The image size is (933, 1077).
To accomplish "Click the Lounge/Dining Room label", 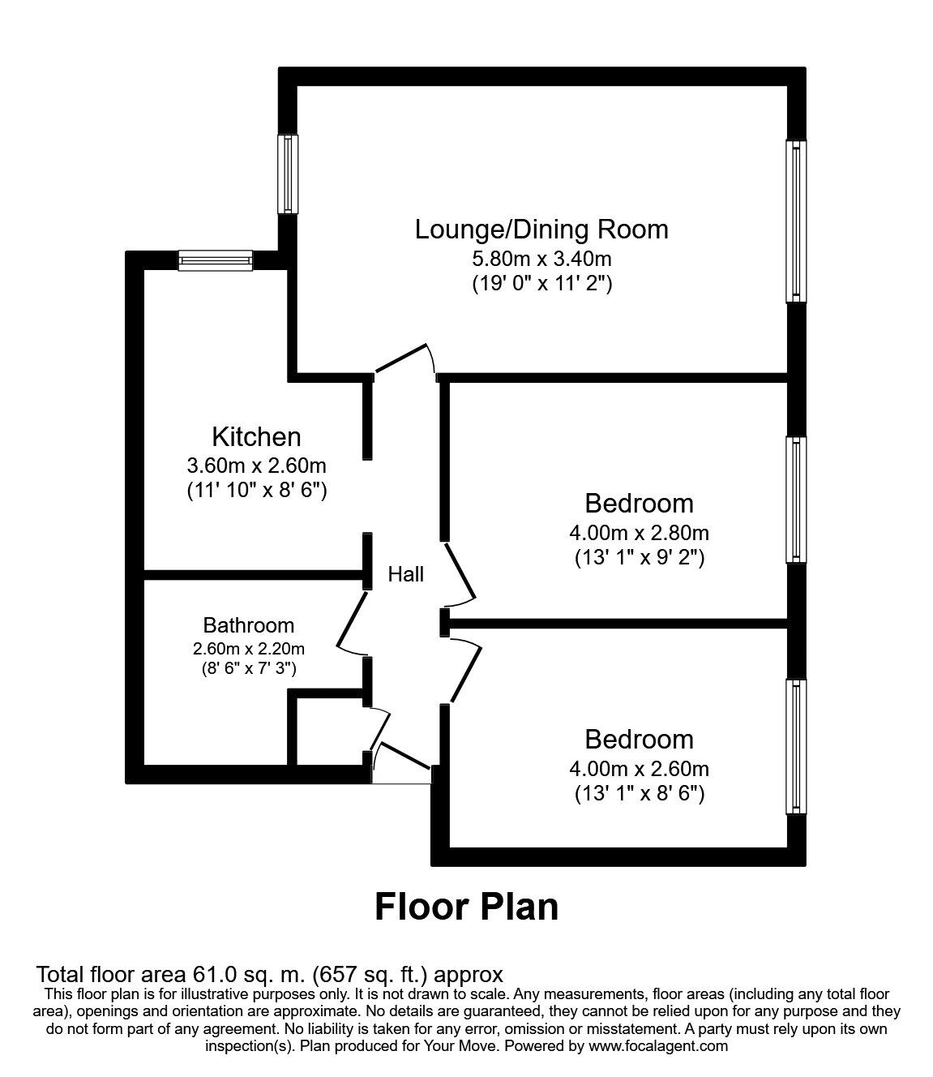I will pyautogui.click(x=541, y=230).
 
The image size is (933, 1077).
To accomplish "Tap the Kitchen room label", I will pyautogui.click(x=256, y=437).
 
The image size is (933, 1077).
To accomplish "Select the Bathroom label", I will pyautogui.click(x=248, y=625).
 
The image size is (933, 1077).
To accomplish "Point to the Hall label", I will pyautogui.click(x=405, y=574).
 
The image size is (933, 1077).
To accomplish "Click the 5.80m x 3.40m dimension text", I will pyautogui.click(x=541, y=260).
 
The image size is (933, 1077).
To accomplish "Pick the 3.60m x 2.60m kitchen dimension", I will pyautogui.click(x=256, y=466).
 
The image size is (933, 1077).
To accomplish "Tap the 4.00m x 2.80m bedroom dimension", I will pyautogui.click(x=639, y=533).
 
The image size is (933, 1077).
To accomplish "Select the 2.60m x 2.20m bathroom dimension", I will pyautogui.click(x=248, y=648).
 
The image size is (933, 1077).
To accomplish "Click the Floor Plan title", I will pyautogui.click(x=466, y=906).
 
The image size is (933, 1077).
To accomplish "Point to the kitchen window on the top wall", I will pyautogui.click(x=216, y=260).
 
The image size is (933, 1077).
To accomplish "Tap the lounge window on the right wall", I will pyautogui.click(x=798, y=221).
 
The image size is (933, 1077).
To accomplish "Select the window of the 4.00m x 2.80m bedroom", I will pyautogui.click(x=798, y=500).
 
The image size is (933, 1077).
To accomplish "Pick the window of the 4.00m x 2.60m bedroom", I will pyautogui.click(x=798, y=746).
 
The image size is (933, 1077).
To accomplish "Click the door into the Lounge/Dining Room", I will pyautogui.click(x=403, y=359).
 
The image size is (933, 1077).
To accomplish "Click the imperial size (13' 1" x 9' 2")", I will pyautogui.click(x=639, y=558).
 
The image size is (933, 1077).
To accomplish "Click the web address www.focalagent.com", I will pyautogui.click(x=657, y=1045).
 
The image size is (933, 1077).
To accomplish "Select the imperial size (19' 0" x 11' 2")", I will pyautogui.click(x=541, y=284).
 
